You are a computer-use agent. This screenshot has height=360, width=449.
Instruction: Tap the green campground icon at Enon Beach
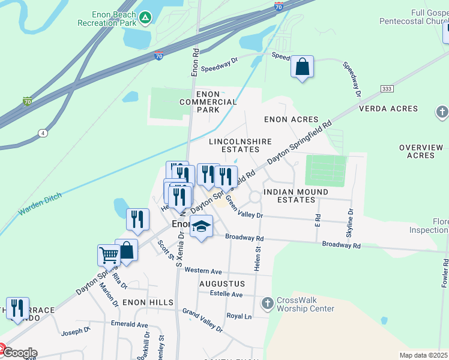[x=145, y=18]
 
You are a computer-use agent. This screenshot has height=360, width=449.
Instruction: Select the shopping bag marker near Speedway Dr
[x=303, y=67]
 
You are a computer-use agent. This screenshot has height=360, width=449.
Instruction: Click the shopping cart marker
[x=109, y=255]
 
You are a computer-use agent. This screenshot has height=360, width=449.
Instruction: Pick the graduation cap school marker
[x=201, y=227]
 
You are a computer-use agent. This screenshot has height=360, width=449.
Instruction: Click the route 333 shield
[x=387, y=89]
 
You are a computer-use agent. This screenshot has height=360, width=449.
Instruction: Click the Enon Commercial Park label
[x=208, y=102]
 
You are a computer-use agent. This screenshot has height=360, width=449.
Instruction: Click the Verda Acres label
[x=388, y=109]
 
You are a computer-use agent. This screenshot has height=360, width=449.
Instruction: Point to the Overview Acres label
[x=420, y=151]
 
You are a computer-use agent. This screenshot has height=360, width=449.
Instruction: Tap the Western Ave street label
[x=203, y=271]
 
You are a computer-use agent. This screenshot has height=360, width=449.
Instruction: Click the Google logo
[x=20, y=352]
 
